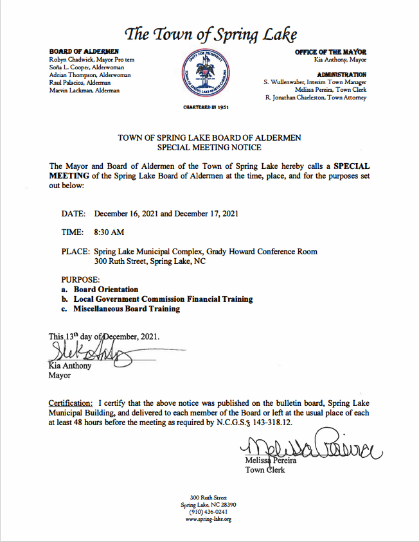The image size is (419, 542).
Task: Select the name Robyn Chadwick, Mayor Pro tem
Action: pyautogui.click(x=91, y=59)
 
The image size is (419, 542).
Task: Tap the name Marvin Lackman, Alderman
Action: pyautogui.click(x=84, y=91)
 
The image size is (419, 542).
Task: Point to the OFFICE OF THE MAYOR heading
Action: pyautogui.click(x=330, y=51)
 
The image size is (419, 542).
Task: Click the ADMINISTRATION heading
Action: pyautogui.click(x=342, y=74)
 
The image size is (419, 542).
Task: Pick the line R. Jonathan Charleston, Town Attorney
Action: pyautogui.click(x=316, y=98)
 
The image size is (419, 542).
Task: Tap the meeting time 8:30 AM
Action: pyautogui.click(x=109, y=232)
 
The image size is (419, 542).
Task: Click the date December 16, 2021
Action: pyautogui.click(x=125, y=213)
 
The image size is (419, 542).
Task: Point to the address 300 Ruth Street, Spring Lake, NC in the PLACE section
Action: pyautogui.click(x=150, y=261)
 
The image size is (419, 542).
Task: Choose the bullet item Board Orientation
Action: pyautogui.click(x=106, y=290)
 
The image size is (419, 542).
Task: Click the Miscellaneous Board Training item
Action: pyautogui.click(x=127, y=309)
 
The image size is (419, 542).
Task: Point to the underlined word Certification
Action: pyautogui.click(x=71, y=403)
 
